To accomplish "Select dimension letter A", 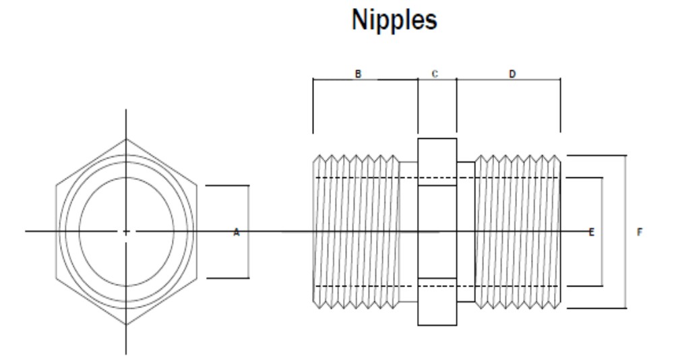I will click(236, 233).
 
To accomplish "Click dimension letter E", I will click(592, 233).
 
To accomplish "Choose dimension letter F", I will click(640, 233).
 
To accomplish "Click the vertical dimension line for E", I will click(601, 202).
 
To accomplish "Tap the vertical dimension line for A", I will click(249, 202).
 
